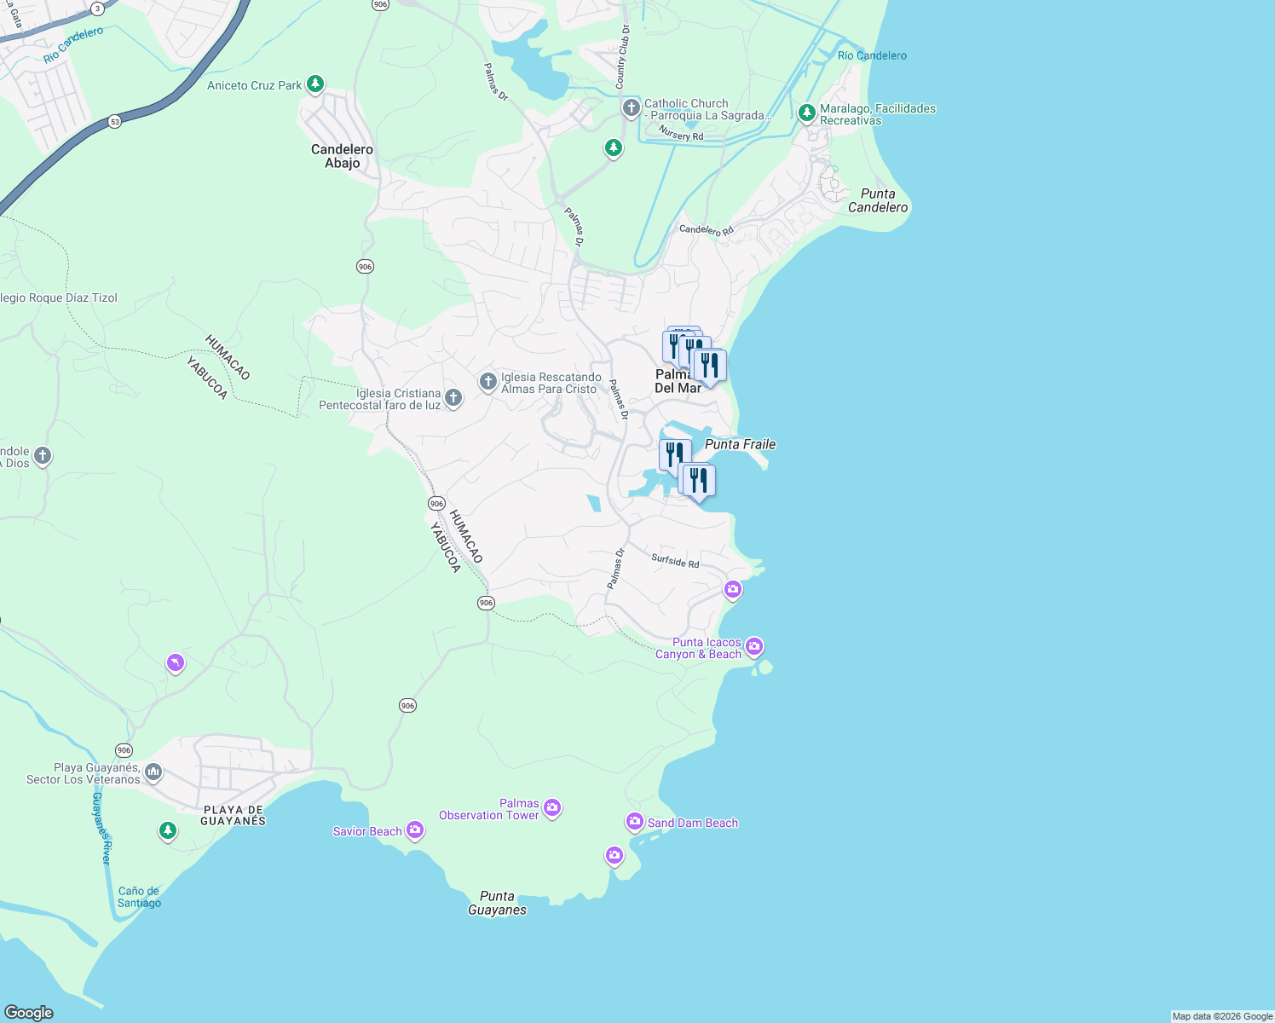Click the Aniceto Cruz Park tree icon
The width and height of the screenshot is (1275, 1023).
[x=315, y=84]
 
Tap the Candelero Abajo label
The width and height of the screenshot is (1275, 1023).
[x=342, y=156]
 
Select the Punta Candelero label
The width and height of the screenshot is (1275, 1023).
[x=878, y=200]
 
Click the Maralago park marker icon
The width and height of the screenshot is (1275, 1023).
[x=806, y=113]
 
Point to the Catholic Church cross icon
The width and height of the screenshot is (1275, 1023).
[x=631, y=108]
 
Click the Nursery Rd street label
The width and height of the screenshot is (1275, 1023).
[x=681, y=133]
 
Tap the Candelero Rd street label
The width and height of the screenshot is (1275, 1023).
[x=706, y=229]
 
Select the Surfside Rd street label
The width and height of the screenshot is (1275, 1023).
[x=675, y=561]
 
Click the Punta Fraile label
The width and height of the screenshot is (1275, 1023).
[x=740, y=444]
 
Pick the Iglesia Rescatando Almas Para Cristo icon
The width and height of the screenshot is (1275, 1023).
[x=487, y=381]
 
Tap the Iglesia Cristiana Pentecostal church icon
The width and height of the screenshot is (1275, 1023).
[x=453, y=396]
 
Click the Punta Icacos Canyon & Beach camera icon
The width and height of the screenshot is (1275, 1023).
[x=753, y=647]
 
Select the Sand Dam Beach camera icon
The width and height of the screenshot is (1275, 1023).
[x=634, y=821]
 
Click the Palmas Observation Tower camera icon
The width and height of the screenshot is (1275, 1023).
[x=552, y=806]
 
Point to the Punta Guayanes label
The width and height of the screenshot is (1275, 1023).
[x=497, y=903]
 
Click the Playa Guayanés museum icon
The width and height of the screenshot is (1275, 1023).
[x=153, y=772]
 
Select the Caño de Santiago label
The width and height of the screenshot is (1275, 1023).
[x=139, y=897]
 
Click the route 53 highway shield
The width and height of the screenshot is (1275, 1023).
[x=115, y=121]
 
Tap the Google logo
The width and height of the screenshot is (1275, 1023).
[x=29, y=1013]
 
